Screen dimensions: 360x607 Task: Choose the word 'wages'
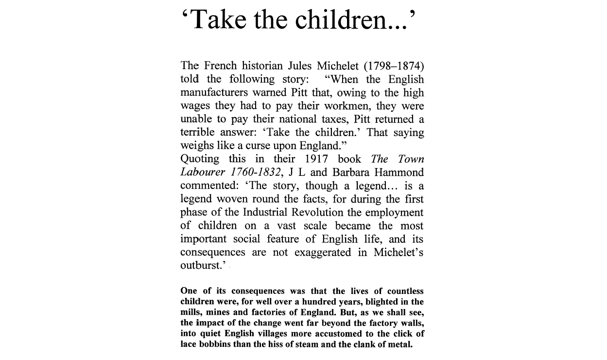pyautogui.click(x=194, y=106)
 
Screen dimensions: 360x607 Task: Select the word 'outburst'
pyautogui.click(x=200, y=265)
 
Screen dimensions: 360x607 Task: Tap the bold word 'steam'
pyautogui.click(x=322, y=344)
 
